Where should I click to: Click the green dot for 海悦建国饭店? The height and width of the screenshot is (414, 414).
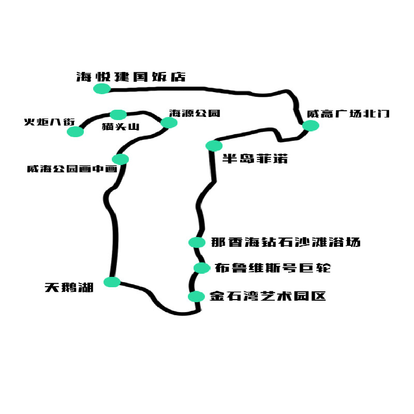pyautogui.click(x=102, y=88)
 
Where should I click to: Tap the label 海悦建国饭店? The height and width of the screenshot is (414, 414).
pyautogui.click(x=130, y=77)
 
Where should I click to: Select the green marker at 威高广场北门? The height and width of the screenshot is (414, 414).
pyautogui.click(x=310, y=126)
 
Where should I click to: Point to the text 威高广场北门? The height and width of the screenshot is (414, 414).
pyautogui.click(x=347, y=114)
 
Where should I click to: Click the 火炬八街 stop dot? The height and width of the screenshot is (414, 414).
pyautogui.click(x=76, y=131)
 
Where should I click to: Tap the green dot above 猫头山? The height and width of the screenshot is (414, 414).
pyautogui.click(x=119, y=114)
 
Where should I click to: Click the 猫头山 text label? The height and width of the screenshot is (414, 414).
pyautogui.click(x=121, y=126)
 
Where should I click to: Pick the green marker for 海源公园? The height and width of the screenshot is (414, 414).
pyautogui.click(x=169, y=123)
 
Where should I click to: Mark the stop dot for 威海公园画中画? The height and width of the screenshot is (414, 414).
pyautogui.click(x=121, y=159)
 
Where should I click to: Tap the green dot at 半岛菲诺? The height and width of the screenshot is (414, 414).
pyautogui.click(x=214, y=146)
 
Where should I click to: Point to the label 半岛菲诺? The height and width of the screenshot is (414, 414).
pyautogui.click(x=255, y=159)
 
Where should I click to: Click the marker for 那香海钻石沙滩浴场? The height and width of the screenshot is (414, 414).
pyautogui.click(x=197, y=242)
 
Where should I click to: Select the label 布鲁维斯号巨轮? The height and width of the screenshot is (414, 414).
pyautogui.click(x=272, y=268)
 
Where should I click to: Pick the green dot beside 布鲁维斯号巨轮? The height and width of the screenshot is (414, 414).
pyautogui.click(x=201, y=268)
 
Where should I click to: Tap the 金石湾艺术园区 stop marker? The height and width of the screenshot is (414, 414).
pyautogui.click(x=196, y=297)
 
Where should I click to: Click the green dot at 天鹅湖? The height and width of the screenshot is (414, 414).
pyautogui.click(x=112, y=282)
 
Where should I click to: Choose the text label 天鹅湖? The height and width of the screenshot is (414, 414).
pyautogui.click(x=69, y=288)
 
